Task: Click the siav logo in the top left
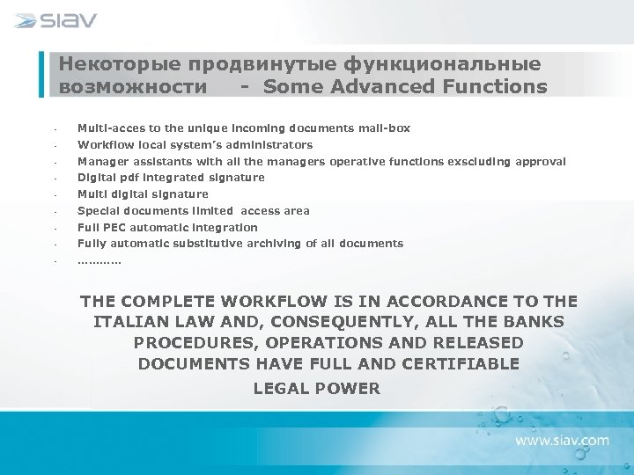[55, 20]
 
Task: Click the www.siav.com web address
[562, 439]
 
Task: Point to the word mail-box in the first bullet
[385, 128]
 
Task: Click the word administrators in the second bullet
[269, 145]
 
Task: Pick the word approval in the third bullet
[541, 161]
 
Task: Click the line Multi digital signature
[143, 194]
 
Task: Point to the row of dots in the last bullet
[100, 261]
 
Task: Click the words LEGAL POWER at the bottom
[317, 388]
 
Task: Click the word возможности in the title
[134, 86]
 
